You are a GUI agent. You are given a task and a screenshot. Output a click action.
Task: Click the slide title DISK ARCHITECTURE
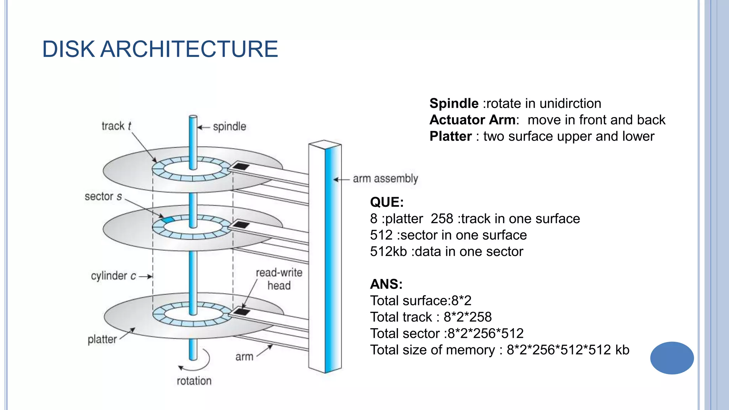tap(160, 49)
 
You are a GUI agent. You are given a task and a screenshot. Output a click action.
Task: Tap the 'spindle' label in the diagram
tap(229, 127)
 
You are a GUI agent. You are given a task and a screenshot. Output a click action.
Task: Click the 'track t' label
tap(116, 126)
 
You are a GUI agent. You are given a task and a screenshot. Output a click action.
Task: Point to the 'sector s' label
tap(103, 196)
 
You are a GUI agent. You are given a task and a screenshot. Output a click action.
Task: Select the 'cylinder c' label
tap(113, 276)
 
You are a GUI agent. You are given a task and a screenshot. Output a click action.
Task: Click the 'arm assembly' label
tap(385, 179)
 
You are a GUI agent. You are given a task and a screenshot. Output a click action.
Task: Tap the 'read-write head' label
tap(279, 279)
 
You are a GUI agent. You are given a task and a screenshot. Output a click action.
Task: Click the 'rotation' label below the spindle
tap(194, 381)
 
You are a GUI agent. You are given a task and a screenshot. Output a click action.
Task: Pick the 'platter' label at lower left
tap(102, 339)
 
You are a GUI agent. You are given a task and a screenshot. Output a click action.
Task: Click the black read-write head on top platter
tap(241, 166)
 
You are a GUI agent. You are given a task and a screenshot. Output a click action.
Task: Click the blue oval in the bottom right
tap(672, 358)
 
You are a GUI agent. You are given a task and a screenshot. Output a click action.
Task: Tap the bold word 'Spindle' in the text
tap(454, 104)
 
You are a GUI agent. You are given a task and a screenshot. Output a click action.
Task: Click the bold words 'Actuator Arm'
tap(472, 120)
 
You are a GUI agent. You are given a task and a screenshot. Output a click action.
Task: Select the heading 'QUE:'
tap(387, 202)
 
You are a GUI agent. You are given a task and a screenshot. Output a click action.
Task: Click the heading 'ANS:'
tap(386, 284)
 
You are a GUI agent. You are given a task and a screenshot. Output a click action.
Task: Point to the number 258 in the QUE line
tap(442, 219)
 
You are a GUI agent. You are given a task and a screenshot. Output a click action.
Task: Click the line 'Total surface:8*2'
tap(420, 301)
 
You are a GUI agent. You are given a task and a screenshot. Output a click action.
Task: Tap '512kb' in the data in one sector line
tap(388, 252)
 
